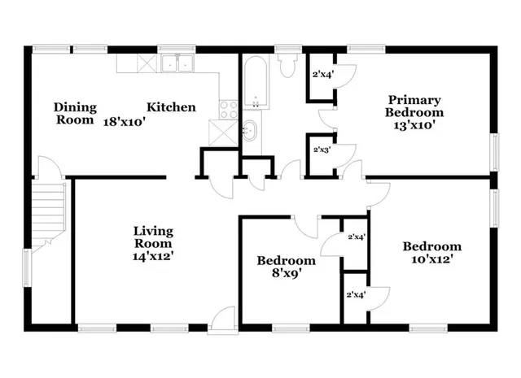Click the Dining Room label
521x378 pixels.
(x=75, y=113)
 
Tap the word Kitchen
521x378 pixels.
(x=171, y=106)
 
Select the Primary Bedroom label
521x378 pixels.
(x=414, y=106)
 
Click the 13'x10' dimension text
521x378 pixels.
(x=414, y=125)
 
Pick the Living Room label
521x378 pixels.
(x=153, y=237)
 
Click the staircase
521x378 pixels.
(x=50, y=211)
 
